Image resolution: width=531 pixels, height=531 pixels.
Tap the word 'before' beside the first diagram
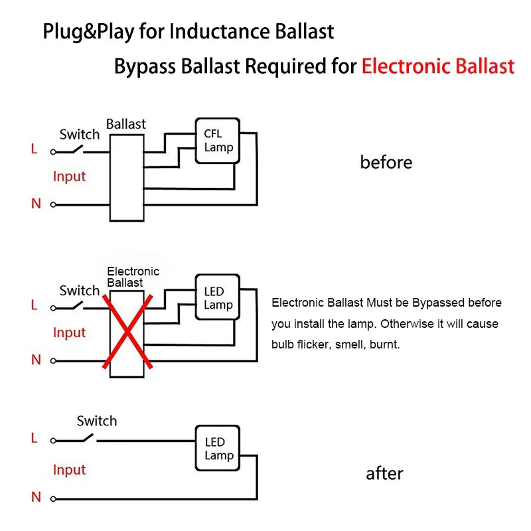(386, 163)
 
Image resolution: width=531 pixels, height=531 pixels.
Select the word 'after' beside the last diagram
(384, 473)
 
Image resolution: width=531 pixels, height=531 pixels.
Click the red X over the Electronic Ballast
(127, 331)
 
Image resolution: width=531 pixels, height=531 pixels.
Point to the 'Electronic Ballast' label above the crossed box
(133, 277)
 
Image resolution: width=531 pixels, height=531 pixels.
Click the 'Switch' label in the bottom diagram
(97, 421)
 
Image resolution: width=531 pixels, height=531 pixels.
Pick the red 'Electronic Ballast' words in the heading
(438, 66)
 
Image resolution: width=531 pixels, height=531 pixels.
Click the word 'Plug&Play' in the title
(88, 32)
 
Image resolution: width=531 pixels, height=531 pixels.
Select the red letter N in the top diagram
(36, 204)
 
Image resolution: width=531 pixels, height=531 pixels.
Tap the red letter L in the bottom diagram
(34, 438)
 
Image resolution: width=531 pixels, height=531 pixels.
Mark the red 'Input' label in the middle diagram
(70, 333)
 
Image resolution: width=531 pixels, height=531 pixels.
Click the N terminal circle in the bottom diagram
(53, 498)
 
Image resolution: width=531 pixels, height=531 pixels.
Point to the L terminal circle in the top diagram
(53, 152)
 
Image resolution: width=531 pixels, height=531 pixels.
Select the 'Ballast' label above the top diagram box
(126, 124)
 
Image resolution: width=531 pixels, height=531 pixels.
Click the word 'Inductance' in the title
(220, 31)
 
